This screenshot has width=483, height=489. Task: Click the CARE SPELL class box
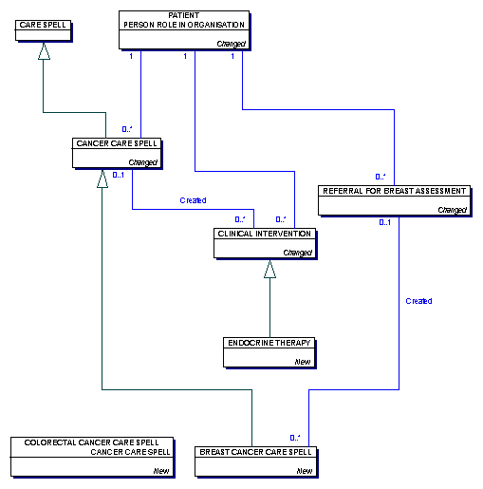[x=44, y=30]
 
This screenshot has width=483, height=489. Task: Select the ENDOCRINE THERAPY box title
[x=269, y=343]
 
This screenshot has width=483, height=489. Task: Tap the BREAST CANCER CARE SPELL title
[x=255, y=452]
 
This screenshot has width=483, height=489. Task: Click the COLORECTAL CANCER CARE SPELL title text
[x=91, y=442]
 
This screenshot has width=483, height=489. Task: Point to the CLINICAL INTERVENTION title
[x=265, y=234]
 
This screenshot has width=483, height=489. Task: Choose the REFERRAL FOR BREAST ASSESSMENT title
[x=394, y=191]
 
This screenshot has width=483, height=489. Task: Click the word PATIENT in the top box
[x=184, y=15]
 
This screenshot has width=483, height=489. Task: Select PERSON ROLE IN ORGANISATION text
[x=184, y=25]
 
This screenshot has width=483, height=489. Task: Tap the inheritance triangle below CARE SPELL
[x=44, y=51]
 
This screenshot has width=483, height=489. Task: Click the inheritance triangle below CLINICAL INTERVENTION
[x=269, y=270]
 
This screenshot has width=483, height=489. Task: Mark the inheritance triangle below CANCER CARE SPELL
[x=102, y=179]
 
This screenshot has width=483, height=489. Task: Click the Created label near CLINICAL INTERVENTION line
[x=193, y=200]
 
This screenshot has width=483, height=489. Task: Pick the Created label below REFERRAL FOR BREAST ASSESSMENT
[x=418, y=301]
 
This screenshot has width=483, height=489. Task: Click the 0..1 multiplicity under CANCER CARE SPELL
[x=119, y=175]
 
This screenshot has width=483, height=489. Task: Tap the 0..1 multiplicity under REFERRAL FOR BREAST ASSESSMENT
[x=384, y=222]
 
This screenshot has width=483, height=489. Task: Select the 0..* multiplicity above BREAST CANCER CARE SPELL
[x=295, y=438]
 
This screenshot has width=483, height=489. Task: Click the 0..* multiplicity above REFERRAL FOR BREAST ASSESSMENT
[x=381, y=177]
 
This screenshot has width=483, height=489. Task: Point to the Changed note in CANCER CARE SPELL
[x=142, y=162]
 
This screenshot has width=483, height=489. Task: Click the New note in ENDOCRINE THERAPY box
[x=303, y=362]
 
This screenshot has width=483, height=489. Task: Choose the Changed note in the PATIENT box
[x=232, y=44]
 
